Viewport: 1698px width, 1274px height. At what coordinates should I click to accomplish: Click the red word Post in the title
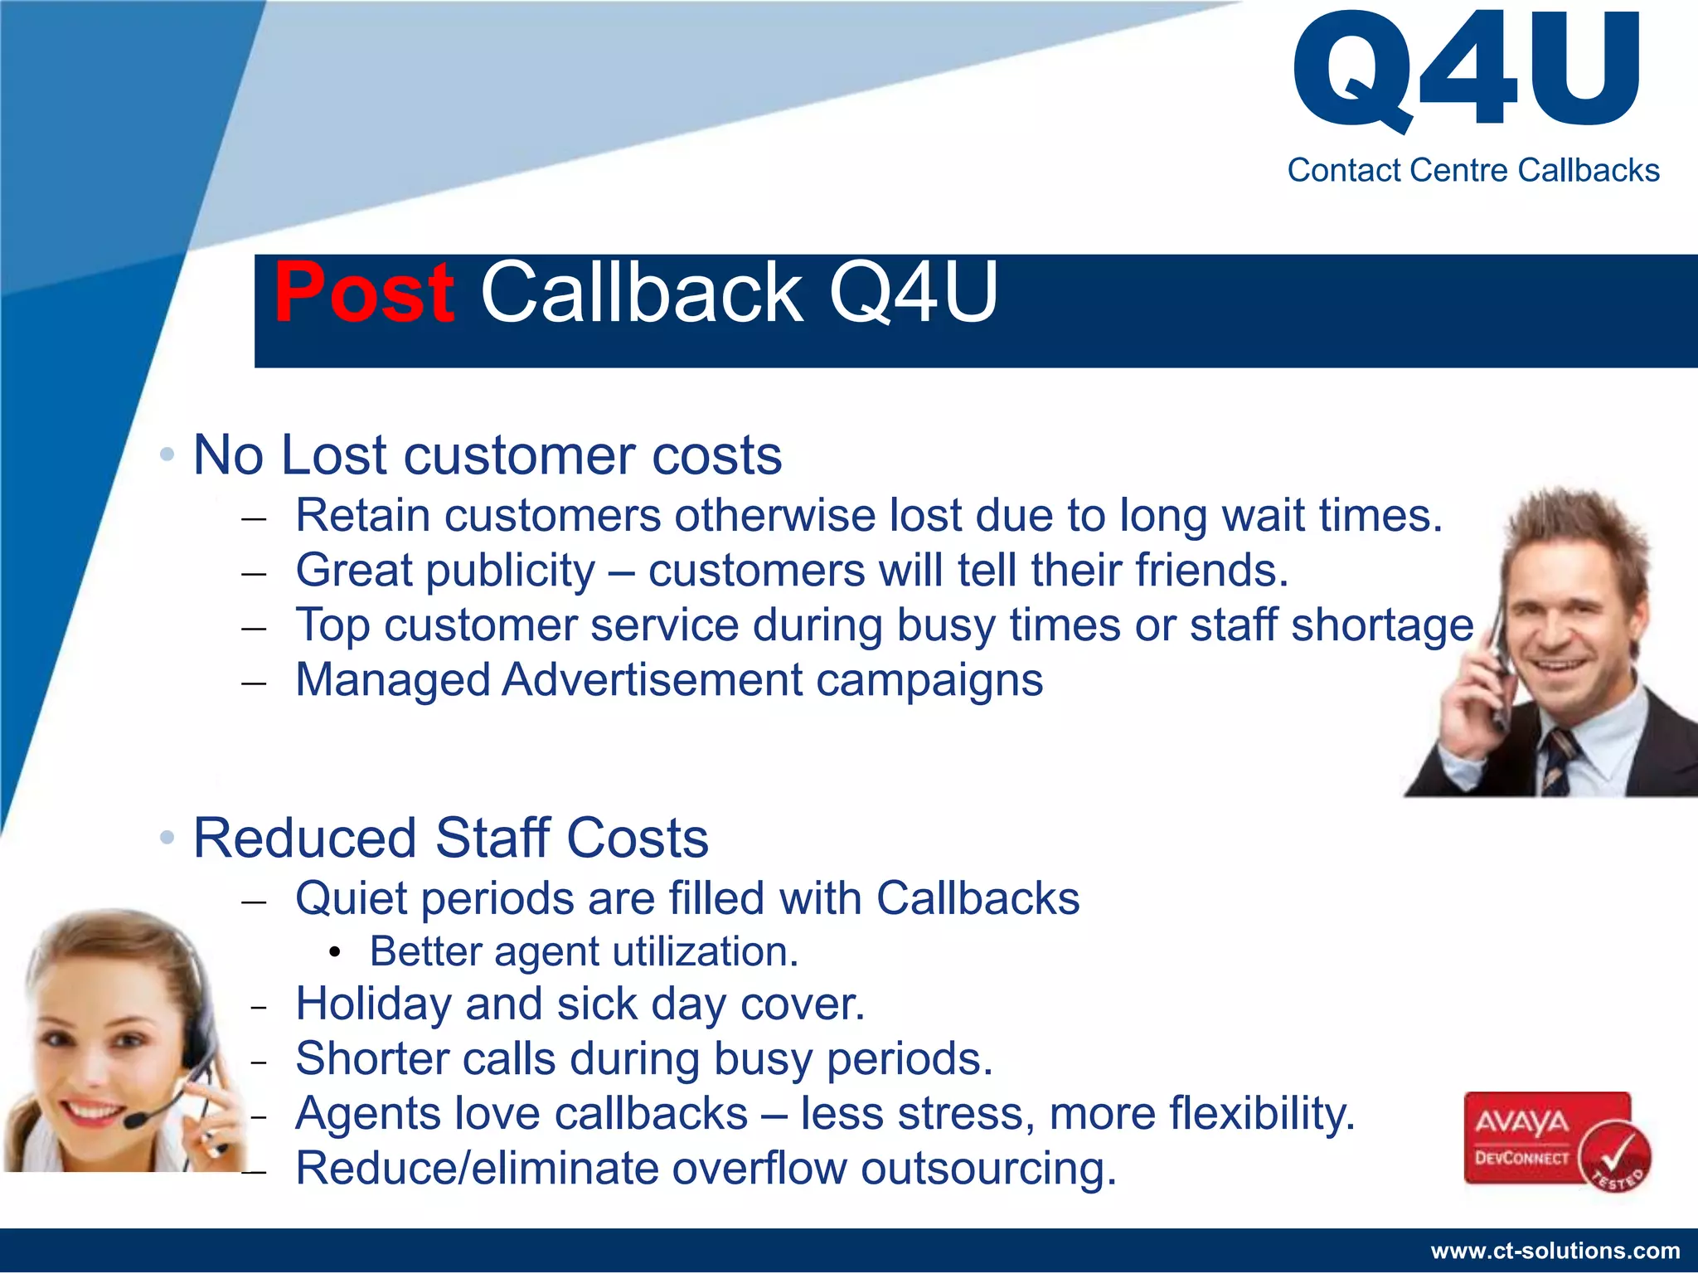point(363,292)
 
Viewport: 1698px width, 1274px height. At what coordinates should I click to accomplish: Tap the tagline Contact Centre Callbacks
point(1472,170)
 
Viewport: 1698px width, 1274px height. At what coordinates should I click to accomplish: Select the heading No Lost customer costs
point(488,455)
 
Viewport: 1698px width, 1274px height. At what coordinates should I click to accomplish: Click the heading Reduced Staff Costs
point(451,838)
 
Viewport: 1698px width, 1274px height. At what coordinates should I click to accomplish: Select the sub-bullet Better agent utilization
point(584,951)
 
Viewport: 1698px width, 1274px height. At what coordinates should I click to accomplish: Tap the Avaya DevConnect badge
point(1547,1138)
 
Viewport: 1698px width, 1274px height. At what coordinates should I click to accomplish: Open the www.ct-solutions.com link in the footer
point(1555,1251)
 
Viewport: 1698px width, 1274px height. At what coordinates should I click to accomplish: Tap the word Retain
point(363,515)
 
